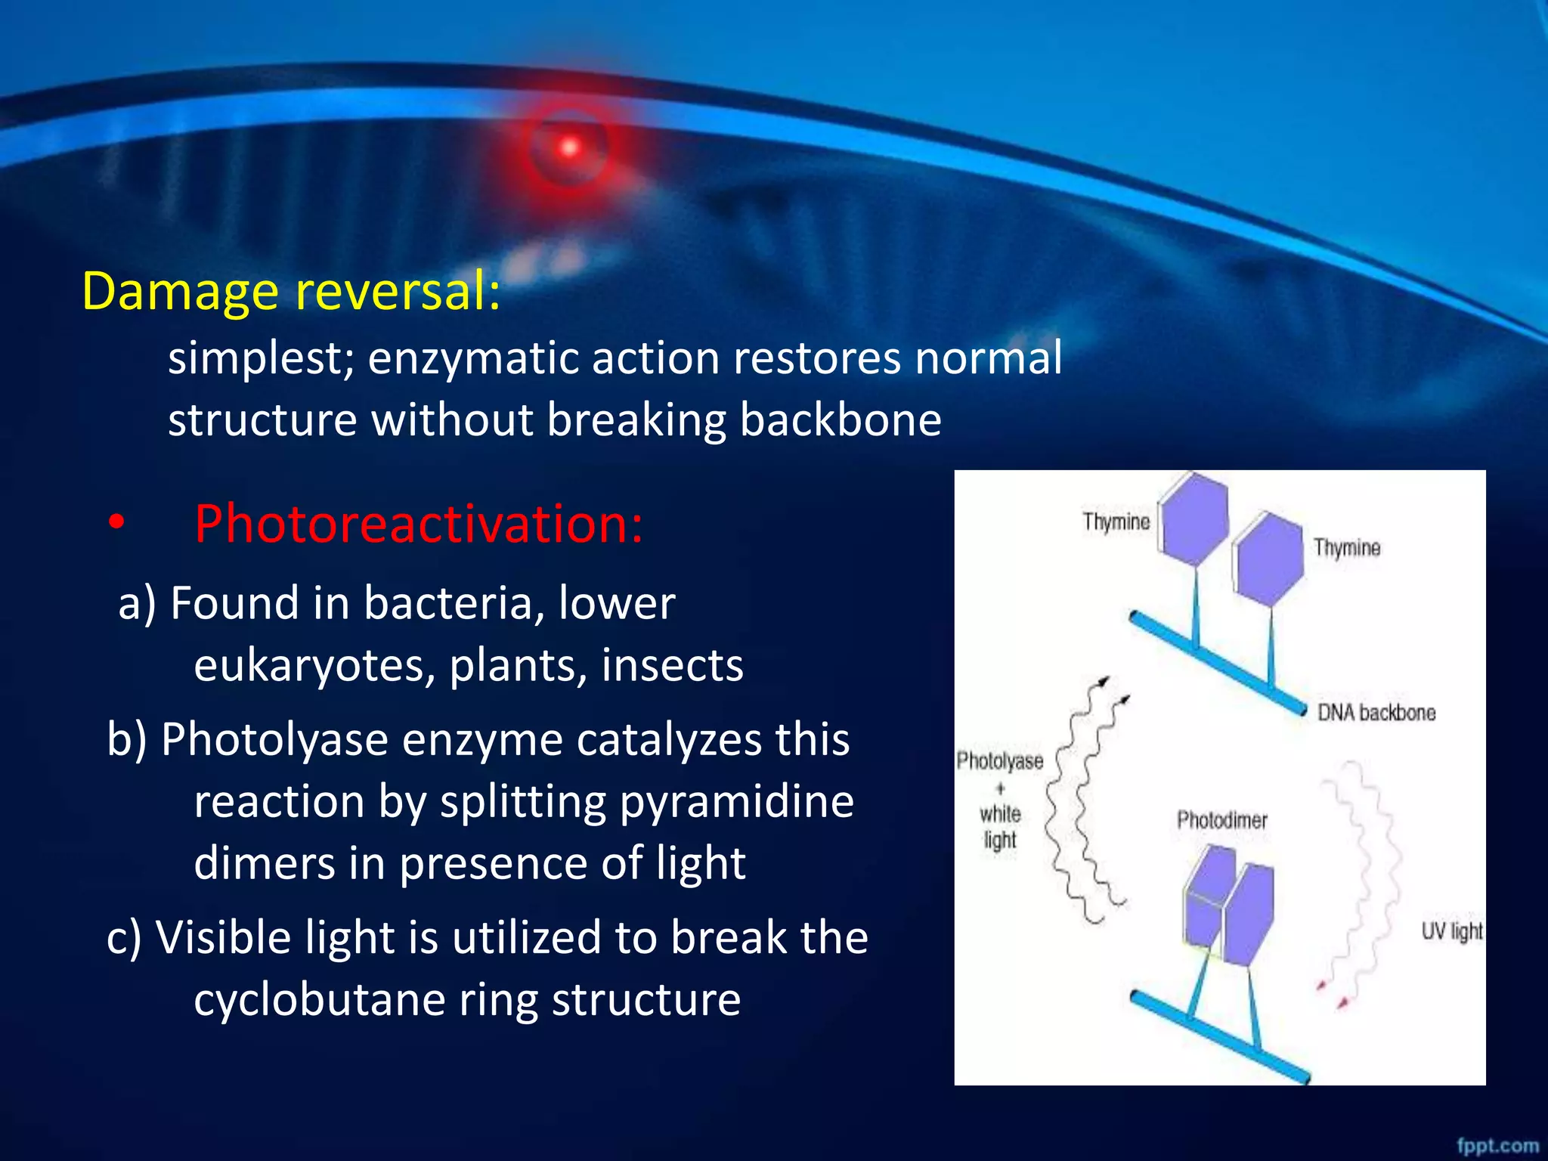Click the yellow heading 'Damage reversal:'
tap(291, 292)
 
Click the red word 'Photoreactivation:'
tap(418, 524)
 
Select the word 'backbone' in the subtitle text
tap(840, 420)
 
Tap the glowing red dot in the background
tap(569, 147)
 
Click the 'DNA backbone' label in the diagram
tap(1376, 713)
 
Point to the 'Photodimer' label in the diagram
tap(1221, 820)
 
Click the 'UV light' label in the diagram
tap(1451, 931)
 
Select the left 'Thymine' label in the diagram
tap(1116, 522)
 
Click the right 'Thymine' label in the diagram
tap(1346, 548)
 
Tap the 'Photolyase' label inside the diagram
tap(999, 760)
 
